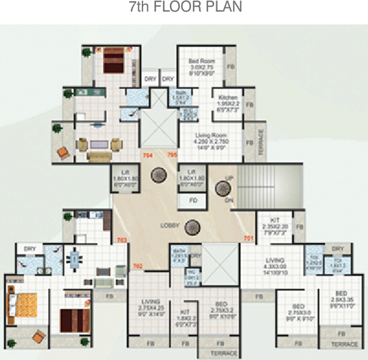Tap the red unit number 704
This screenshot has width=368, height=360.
tap(148, 156)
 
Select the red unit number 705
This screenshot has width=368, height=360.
tap(172, 156)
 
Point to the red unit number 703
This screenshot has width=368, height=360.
tap(122, 240)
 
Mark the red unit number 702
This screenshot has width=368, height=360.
tap(138, 266)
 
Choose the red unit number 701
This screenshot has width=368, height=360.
tap(248, 239)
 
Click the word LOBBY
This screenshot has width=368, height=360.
tap(170, 225)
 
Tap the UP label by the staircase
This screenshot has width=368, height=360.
tap(229, 179)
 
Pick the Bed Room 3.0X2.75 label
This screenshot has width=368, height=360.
tap(202, 67)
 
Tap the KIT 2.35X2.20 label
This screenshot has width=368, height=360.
tap(274, 227)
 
